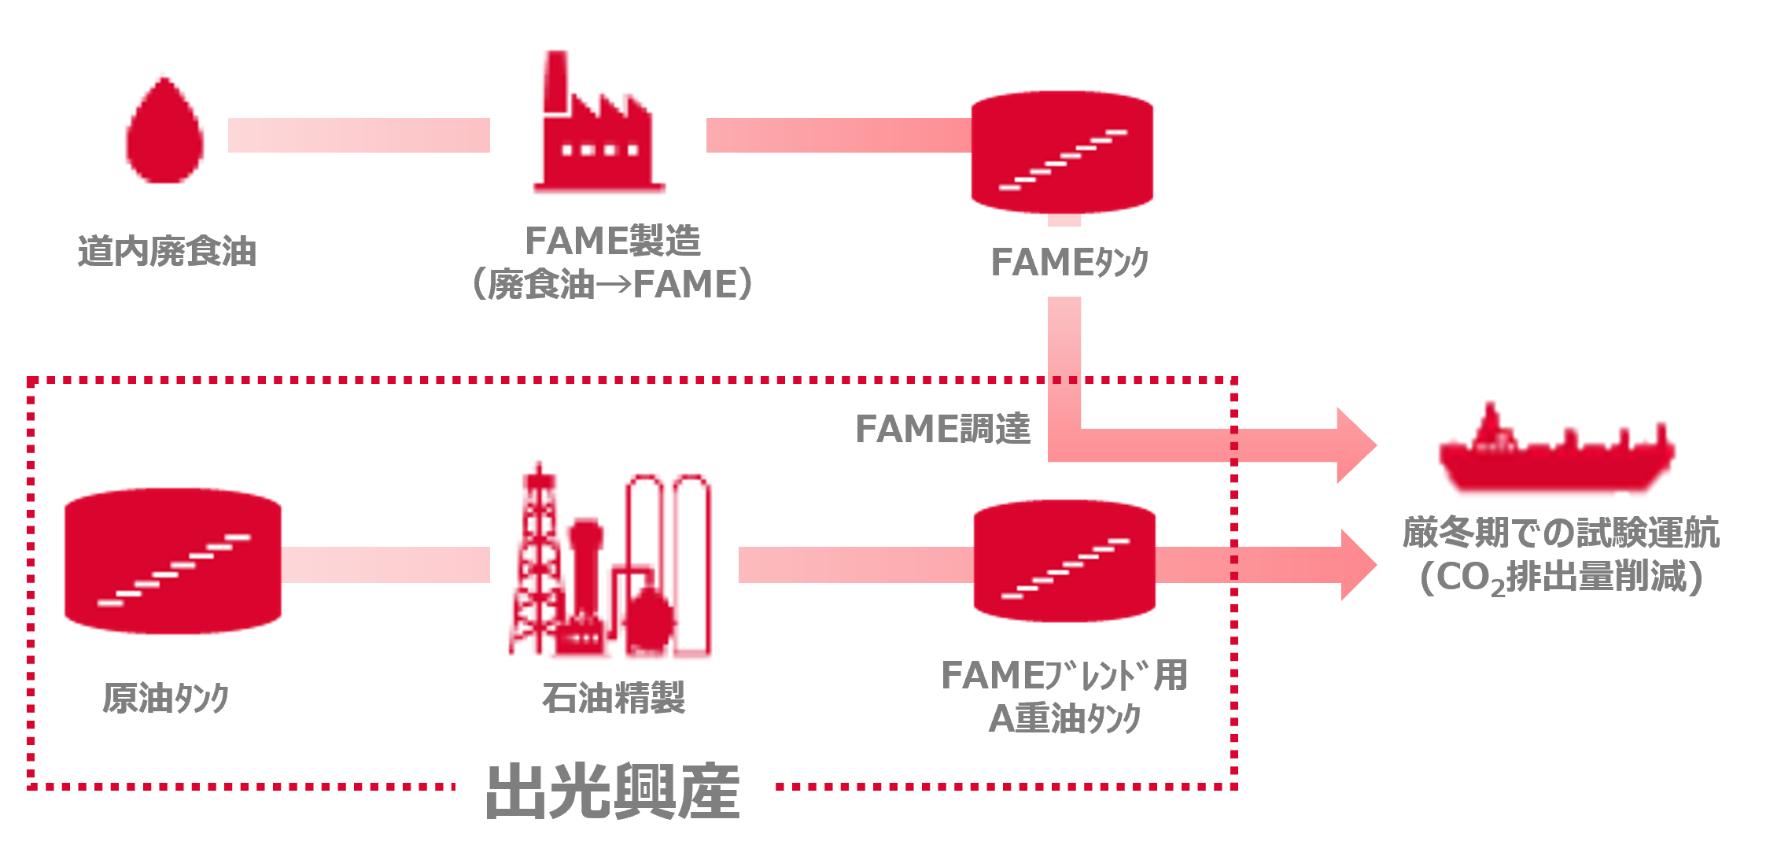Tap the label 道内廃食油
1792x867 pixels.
[168, 252]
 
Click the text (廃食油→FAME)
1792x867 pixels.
[612, 284]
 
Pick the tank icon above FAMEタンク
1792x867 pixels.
[1062, 153]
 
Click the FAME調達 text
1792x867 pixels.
[942, 429]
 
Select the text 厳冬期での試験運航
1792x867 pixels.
[1561, 533]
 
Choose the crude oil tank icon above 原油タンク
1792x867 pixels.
[173, 561]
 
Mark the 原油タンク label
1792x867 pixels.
[166, 698]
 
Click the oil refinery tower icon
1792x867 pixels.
[610, 559]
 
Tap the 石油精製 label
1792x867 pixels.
[614, 698]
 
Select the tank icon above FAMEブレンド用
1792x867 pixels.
[1064, 561]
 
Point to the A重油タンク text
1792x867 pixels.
[1064, 718]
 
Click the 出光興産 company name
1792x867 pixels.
[613, 791]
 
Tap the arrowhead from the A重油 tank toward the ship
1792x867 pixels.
[1359, 565]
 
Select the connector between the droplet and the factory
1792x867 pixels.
[359, 135]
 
